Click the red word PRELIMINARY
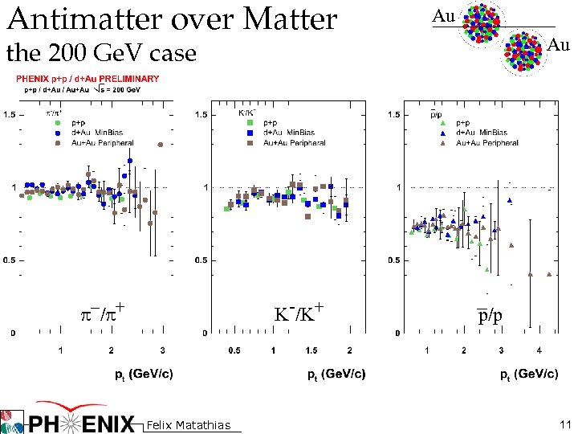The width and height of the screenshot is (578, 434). [128, 79]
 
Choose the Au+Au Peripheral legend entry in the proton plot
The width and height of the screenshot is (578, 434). [486, 143]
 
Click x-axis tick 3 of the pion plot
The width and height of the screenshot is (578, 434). [162, 350]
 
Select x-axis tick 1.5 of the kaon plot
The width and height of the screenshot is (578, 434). [311, 350]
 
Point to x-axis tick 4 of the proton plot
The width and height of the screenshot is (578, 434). [539, 350]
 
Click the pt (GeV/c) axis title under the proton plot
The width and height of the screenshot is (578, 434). [529, 374]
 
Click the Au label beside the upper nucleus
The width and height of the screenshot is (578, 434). [443, 15]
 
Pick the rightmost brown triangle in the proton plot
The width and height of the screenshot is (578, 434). [550, 274]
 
